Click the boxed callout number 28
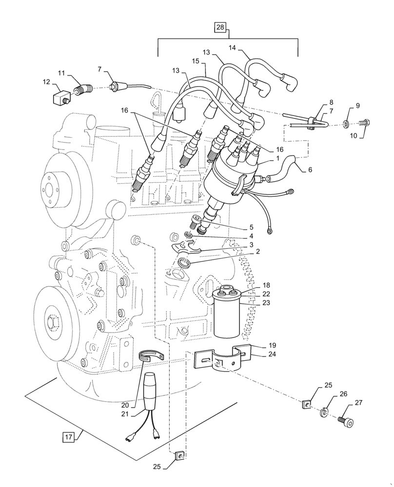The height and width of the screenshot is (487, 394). pos(220,28)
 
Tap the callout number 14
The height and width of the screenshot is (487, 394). pos(232,47)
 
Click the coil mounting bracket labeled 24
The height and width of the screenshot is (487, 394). pos(223,362)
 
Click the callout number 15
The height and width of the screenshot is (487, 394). pos(195,62)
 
